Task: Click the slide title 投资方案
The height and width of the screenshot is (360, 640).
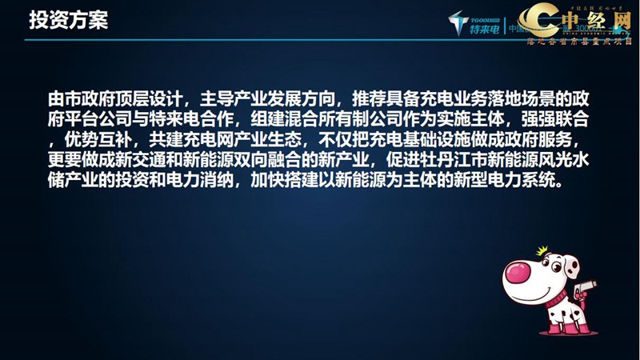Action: coord(68,20)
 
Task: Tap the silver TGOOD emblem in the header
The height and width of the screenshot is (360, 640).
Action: coord(458,23)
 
